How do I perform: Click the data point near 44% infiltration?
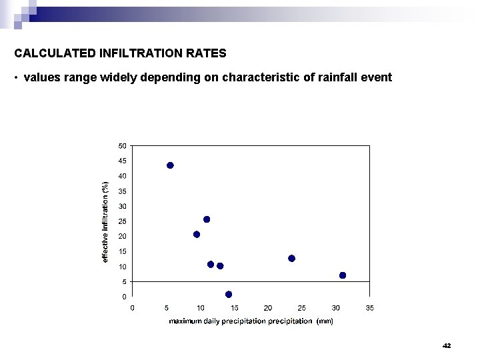coord(170,165)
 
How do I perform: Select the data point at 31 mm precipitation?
coord(343,275)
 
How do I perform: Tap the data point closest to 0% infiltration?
coord(229,294)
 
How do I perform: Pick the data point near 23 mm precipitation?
coord(291,258)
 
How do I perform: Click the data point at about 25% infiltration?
coord(207,219)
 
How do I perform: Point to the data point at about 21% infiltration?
coord(197,234)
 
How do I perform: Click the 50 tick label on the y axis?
coord(123,145)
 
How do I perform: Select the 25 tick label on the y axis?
coord(123,221)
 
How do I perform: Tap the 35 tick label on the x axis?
coord(370,307)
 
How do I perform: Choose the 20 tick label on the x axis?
coord(268,307)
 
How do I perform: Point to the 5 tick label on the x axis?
coord(166,307)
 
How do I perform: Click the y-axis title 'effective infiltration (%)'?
coord(105,221)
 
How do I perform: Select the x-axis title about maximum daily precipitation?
coord(251,321)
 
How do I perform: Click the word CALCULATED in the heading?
coord(49,51)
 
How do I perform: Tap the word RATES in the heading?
coord(207,51)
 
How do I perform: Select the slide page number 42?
coord(447,345)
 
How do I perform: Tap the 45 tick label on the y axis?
coord(123,161)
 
